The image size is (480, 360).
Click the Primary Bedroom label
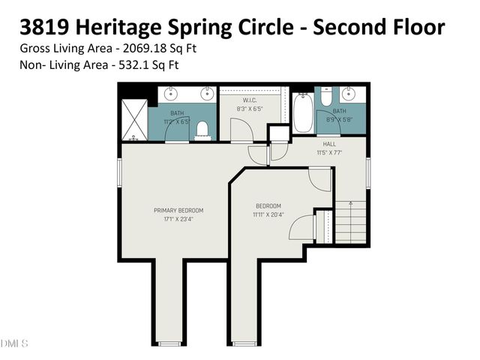point(178,210)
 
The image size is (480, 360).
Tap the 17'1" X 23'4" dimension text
point(178,219)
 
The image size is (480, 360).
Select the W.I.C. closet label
point(250,100)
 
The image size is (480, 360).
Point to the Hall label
point(329,144)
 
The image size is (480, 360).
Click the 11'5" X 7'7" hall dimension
point(329,152)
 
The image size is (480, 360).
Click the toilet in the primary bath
point(201,132)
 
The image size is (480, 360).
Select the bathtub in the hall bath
point(303,113)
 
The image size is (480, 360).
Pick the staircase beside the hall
point(350,222)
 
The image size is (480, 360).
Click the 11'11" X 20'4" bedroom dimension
point(268,214)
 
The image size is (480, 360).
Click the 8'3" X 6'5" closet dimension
point(250,109)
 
